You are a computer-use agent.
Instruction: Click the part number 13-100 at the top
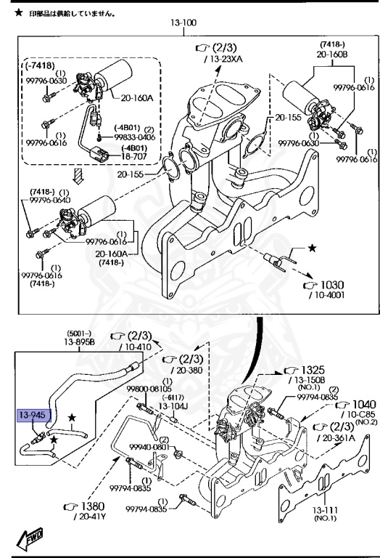pos(183,23)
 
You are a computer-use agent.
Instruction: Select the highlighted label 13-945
pos(32,416)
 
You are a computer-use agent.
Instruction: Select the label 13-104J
pos(174,406)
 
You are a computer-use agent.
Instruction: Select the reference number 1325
pos(313,371)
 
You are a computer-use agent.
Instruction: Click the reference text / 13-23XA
pos(224,57)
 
